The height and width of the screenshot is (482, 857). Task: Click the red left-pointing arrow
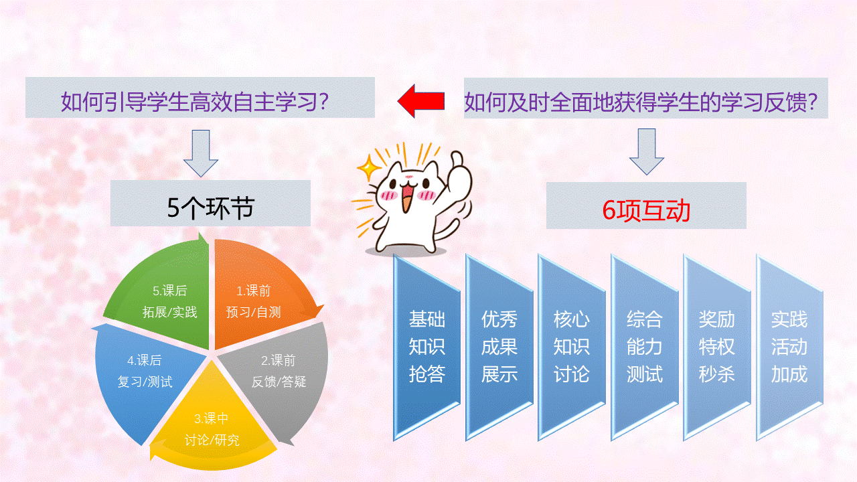tap(421, 100)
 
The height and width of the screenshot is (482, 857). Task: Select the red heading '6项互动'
tap(646, 210)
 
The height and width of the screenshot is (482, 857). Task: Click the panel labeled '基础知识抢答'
tap(426, 347)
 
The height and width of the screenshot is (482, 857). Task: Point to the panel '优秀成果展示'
tap(499, 347)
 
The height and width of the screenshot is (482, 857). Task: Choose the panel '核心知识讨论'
tap(572, 347)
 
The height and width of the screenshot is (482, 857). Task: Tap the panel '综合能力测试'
tap(644, 347)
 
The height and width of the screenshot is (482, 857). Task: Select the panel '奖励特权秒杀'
tap(716, 347)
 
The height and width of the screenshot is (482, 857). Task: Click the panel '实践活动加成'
tap(789, 347)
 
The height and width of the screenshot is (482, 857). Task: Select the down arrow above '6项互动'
tap(646, 153)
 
